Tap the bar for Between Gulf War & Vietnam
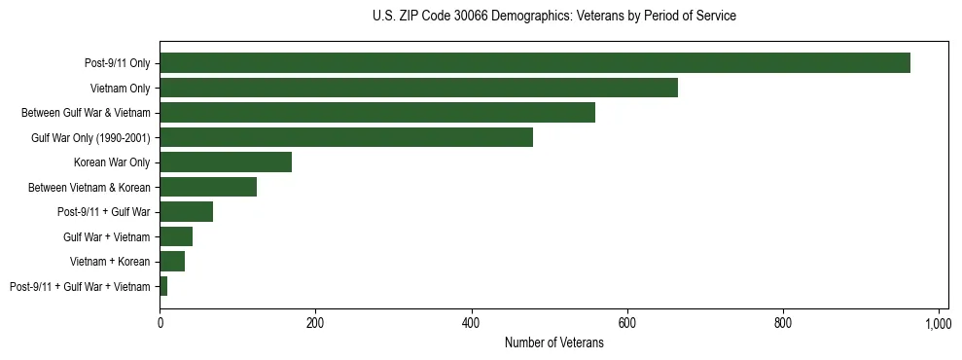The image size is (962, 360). [x=377, y=113]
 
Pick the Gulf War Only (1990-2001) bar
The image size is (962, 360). [x=346, y=137]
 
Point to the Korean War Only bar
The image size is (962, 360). [x=226, y=162]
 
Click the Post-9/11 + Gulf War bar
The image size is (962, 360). [x=186, y=212]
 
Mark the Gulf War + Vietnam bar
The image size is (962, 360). [x=176, y=236]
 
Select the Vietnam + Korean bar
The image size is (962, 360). [x=172, y=262]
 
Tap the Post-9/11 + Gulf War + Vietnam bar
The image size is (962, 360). [x=163, y=286]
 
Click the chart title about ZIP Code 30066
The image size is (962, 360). [x=554, y=17]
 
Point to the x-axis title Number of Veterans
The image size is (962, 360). [x=554, y=343]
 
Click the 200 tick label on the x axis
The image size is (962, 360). [x=315, y=323]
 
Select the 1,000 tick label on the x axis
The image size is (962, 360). [x=938, y=323]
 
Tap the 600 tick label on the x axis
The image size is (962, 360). [x=626, y=323]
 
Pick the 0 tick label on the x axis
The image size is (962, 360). [x=160, y=323]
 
